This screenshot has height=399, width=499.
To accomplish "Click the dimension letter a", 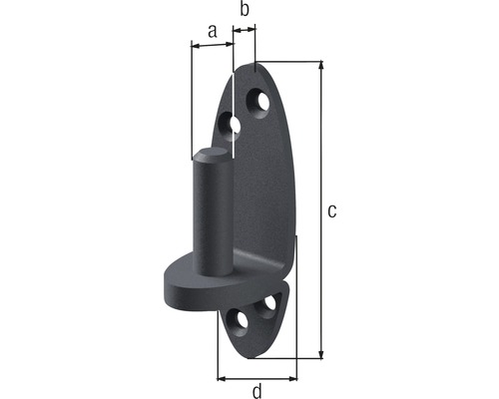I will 211,31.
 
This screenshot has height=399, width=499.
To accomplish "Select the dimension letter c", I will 333,210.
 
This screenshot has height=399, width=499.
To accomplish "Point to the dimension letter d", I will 257,391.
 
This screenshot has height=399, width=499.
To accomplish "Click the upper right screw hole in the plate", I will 262,102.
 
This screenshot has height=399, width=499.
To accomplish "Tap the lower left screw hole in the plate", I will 239,321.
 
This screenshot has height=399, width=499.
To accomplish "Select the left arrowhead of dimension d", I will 223,379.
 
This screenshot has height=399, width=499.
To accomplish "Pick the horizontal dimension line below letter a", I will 211,44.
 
